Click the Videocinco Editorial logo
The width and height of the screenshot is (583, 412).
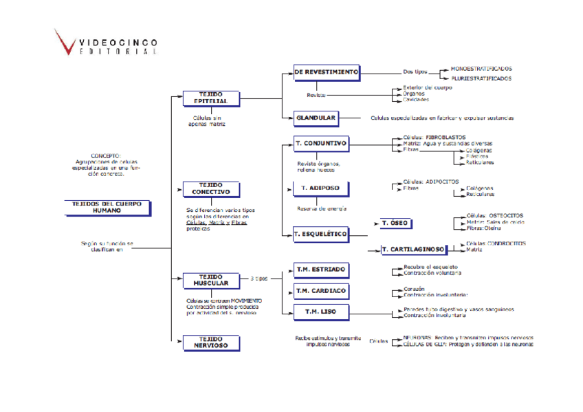(x=107, y=43)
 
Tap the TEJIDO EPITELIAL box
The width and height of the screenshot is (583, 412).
(x=210, y=98)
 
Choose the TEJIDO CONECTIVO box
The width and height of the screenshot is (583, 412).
(x=210, y=188)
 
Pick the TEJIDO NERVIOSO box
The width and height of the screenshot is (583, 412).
(x=210, y=343)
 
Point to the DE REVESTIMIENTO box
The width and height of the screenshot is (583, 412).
(x=326, y=72)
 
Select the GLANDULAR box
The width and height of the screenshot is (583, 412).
(x=316, y=118)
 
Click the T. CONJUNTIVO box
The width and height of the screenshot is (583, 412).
(x=320, y=144)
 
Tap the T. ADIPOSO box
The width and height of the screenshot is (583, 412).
(x=320, y=187)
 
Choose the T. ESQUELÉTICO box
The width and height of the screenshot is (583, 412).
(x=320, y=235)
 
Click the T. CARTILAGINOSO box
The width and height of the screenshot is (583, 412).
(x=412, y=249)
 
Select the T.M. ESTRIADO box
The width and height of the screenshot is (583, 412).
(x=320, y=269)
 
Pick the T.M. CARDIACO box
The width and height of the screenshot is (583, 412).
(x=320, y=291)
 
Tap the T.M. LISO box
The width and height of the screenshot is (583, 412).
(x=320, y=312)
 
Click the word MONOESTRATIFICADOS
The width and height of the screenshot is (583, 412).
(x=481, y=69)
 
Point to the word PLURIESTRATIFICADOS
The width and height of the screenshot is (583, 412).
(x=481, y=78)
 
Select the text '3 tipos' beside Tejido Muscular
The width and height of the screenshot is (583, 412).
(x=259, y=279)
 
